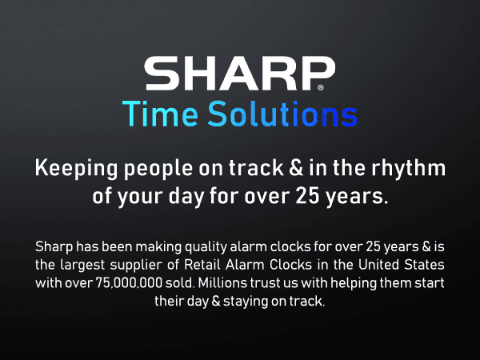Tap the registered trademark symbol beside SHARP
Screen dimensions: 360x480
click(322, 86)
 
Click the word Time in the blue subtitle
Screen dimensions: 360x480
click(162, 114)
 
